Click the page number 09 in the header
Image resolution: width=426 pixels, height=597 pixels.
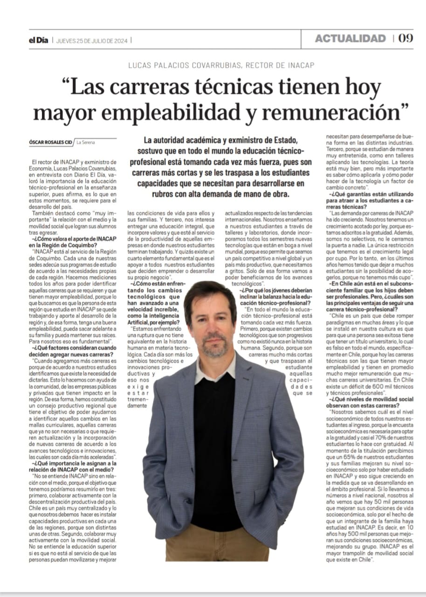coord(406,39)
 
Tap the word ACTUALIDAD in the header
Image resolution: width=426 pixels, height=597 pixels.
coord(350,39)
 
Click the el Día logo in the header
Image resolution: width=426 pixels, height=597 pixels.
coord(38,40)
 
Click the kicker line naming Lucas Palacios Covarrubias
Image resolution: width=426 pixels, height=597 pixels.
coord(221,65)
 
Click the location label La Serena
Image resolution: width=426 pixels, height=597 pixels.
coord(86,142)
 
